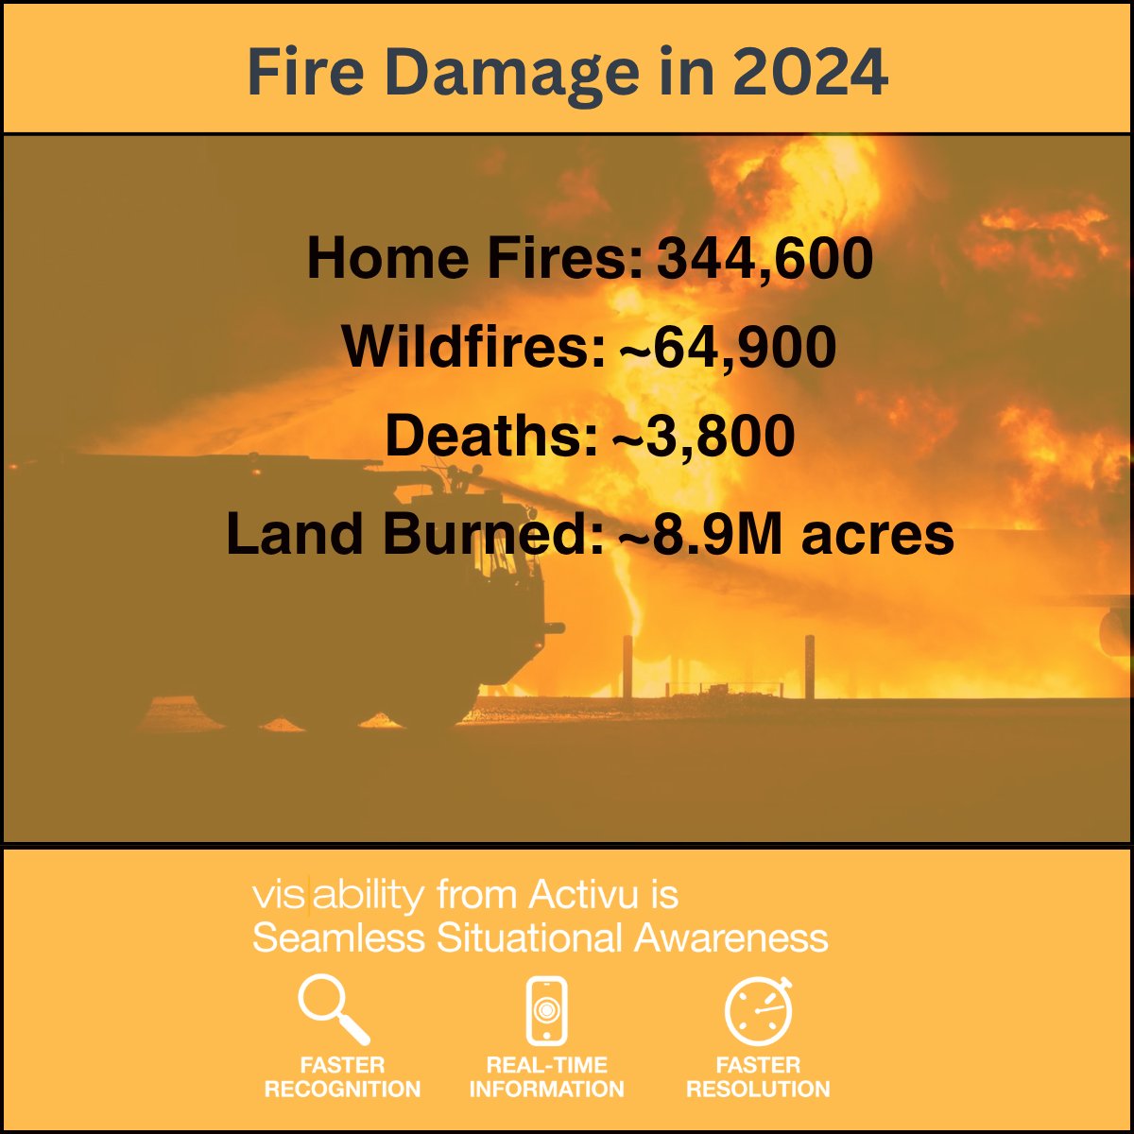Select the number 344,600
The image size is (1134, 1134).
(765, 259)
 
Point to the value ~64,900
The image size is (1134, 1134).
(728, 348)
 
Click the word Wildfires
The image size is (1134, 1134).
(472, 348)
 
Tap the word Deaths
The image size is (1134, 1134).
(490, 438)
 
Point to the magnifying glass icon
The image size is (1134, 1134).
(333, 1009)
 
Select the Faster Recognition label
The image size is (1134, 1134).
(342, 1077)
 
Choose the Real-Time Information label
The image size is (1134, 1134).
(546, 1077)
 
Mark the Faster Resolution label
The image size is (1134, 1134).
(758, 1077)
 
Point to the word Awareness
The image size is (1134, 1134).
(730, 938)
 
